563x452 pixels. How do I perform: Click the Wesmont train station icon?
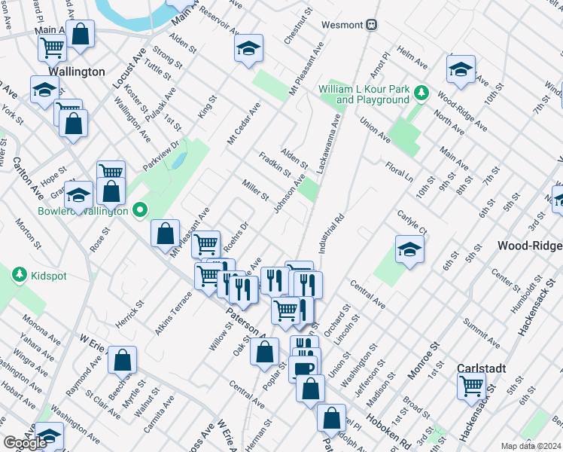[370, 25]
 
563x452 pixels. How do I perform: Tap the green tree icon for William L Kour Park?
[422, 93]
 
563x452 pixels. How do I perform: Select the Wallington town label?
[76, 72]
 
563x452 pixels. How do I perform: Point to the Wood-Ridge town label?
[529, 246]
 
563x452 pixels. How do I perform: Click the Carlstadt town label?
[482, 368]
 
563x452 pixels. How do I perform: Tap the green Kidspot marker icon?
[19, 276]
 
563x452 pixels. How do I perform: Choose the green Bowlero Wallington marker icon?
[139, 210]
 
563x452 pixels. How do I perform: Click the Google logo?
[25, 443]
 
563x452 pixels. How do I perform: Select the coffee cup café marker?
[303, 368]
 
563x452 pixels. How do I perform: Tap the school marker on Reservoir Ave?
[248, 49]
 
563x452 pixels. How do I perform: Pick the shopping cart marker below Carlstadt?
[472, 386]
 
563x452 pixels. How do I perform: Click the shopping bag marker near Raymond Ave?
[122, 360]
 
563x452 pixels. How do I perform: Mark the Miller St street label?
[255, 190]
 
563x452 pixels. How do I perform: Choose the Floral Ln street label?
[399, 170]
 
